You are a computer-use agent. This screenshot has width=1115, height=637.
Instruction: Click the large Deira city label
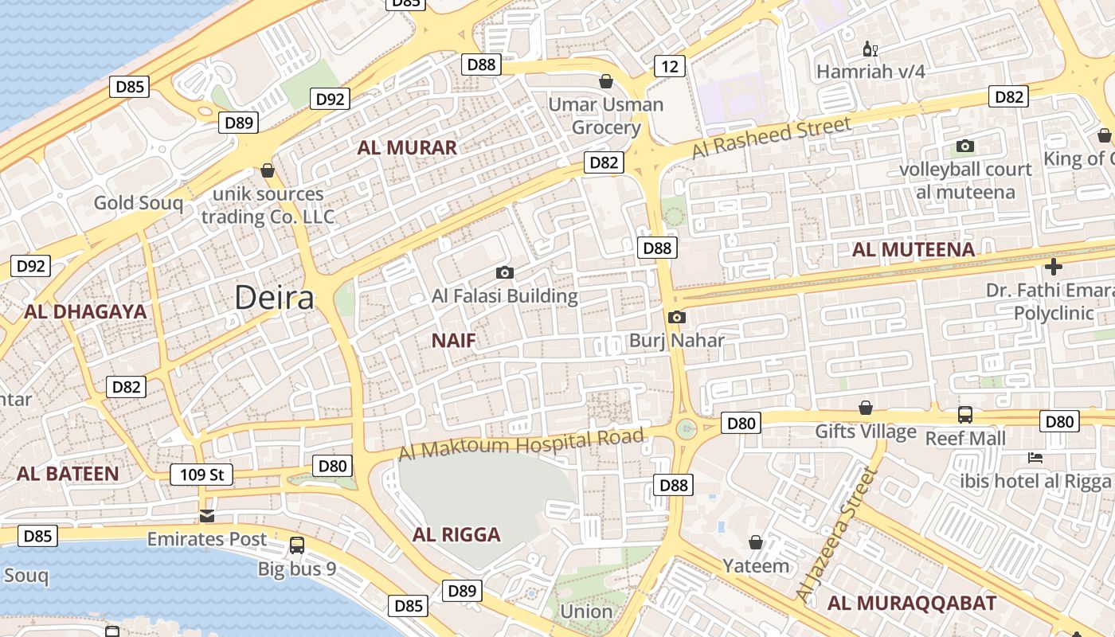tap(274, 298)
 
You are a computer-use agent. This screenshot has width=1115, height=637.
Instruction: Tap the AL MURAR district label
tap(407, 147)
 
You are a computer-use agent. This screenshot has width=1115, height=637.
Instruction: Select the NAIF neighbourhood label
tap(453, 341)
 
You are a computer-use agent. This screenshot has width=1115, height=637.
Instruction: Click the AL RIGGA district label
tap(456, 534)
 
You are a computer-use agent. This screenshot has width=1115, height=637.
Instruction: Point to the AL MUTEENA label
tap(913, 250)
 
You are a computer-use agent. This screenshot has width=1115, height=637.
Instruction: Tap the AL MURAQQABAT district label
tap(912, 603)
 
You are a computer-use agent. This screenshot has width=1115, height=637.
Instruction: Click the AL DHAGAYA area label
tap(85, 311)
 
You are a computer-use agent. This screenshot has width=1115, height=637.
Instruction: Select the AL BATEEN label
tap(68, 474)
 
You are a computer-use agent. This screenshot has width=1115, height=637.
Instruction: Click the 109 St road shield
tap(201, 475)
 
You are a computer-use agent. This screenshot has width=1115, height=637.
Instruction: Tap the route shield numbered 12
tap(670, 66)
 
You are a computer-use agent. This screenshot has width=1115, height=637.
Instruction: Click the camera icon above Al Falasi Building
tap(504, 273)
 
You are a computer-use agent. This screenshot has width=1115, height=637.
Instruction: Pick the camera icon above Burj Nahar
tap(676, 318)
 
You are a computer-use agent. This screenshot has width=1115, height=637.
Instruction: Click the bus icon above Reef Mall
tap(964, 414)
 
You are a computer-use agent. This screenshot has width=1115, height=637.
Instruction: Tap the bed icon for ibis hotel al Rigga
tap(1035, 458)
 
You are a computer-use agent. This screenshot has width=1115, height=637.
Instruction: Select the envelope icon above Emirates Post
tap(207, 516)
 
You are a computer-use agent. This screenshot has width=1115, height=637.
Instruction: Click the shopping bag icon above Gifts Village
tap(866, 408)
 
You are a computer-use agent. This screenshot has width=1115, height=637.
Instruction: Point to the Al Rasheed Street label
tap(771, 138)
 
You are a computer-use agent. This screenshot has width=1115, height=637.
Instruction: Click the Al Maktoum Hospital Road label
tap(521, 444)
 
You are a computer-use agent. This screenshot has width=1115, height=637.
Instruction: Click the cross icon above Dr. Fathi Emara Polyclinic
tap(1054, 266)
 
